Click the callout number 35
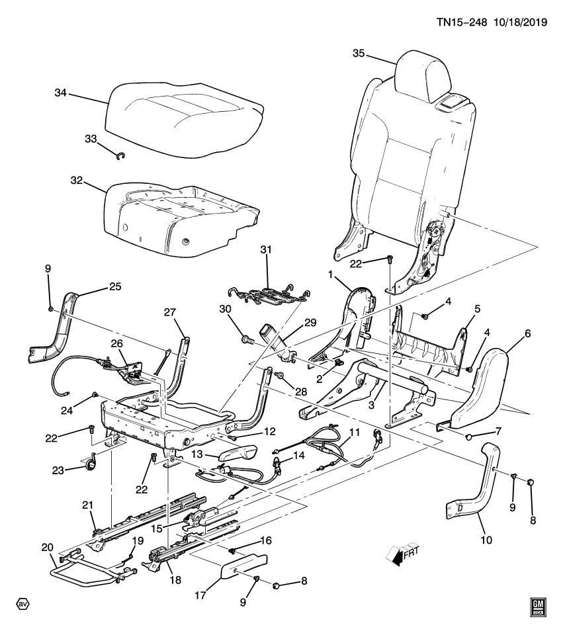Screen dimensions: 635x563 point(358,54)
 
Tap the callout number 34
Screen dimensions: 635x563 point(60,93)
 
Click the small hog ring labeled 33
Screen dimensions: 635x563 point(120,156)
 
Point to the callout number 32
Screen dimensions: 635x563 point(78,180)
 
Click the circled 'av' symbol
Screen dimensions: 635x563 point(23,605)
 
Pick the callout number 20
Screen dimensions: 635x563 point(47,547)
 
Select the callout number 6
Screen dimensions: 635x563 point(527,335)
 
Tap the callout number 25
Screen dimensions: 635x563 point(115,287)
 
